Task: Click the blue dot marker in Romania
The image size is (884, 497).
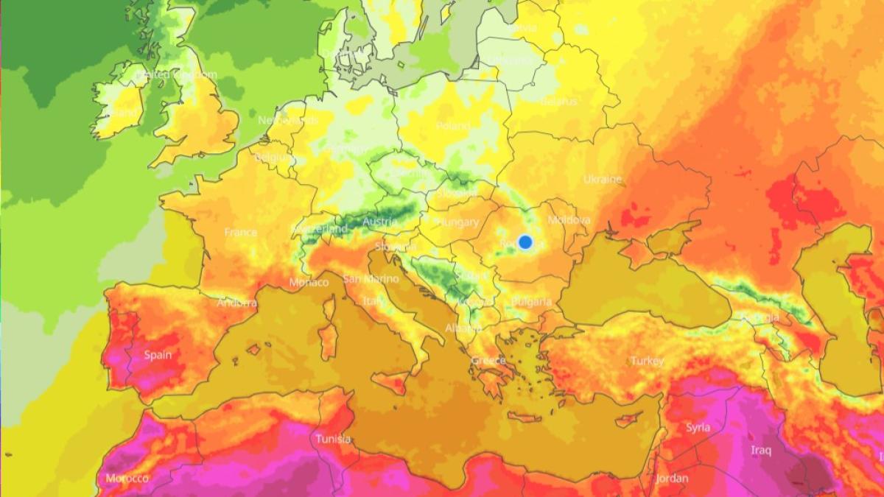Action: [525, 242]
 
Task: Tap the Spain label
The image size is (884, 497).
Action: [158, 355]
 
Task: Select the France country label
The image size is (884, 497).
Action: [241, 232]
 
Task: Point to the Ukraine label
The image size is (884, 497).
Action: [603, 179]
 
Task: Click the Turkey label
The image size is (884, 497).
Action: [647, 361]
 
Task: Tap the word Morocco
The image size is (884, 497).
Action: [127, 479]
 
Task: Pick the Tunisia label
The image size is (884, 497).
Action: [333, 439]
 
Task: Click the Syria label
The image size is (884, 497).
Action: [698, 427]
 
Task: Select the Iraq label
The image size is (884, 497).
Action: [761, 449]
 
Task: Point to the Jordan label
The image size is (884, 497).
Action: [672, 478]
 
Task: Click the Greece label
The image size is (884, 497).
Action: [488, 360]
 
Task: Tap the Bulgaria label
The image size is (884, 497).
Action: [531, 302]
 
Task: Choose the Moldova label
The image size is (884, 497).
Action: [569, 220]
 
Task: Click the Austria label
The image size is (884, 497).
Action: [380, 222]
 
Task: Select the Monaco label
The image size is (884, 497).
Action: [309, 282]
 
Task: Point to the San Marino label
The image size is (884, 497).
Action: [371, 279]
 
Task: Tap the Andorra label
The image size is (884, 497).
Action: [237, 303]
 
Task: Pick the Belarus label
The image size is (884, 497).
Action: [559, 102]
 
